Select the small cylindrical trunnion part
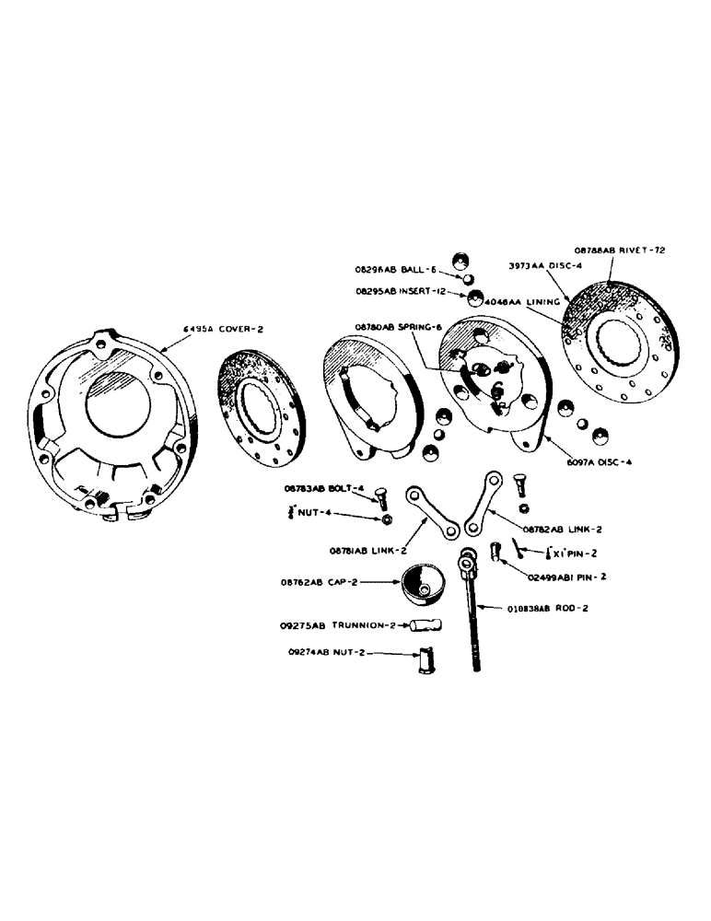click(x=425, y=625)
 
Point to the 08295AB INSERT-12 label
click(x=412, y=291)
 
